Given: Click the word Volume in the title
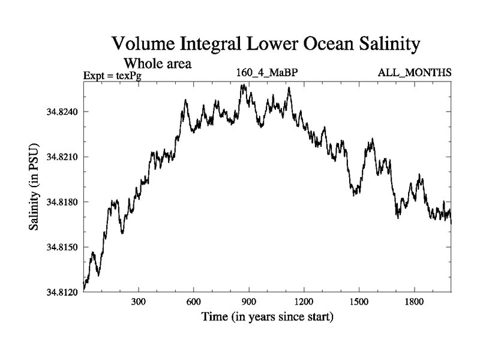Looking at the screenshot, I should click(144, 45).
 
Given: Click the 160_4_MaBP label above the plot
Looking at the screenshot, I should click(267, 73).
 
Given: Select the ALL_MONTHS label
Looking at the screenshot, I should click(414, 73).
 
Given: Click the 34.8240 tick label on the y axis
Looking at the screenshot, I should click(63, 112).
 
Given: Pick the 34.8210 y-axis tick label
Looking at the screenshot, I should click(63, 157).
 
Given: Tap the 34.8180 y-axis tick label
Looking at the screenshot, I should click(63, 202).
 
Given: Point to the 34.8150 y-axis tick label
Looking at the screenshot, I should click(63, 247).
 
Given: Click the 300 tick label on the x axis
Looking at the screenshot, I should click(139, 302).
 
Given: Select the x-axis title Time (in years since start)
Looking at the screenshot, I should click(267, 316).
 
